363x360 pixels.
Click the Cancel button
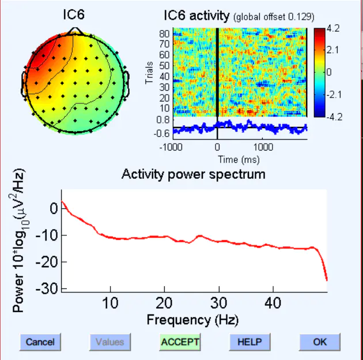tap(40, 342)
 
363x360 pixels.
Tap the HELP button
tap(249, 342)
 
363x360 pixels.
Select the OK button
tap(320, 342)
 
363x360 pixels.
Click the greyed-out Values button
tap(109, 342)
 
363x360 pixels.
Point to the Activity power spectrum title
tap(194, 174)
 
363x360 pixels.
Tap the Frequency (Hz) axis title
tap(192, 319)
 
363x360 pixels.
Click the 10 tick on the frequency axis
tap(111, 303)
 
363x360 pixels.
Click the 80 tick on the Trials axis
tap(165, 33)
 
